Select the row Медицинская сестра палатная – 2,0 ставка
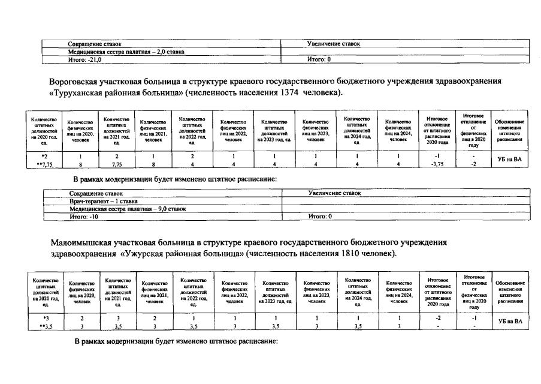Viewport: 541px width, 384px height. [x=126, y=52]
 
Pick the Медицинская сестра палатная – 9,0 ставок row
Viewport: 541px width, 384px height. [x=128, y=209]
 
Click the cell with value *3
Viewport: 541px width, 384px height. [x=46, y=317]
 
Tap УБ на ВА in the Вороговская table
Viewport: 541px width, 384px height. [x=509, y=159]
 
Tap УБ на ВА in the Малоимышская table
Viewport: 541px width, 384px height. [x=510, y=321]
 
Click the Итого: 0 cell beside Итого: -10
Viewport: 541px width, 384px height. [x=319, y=216]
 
